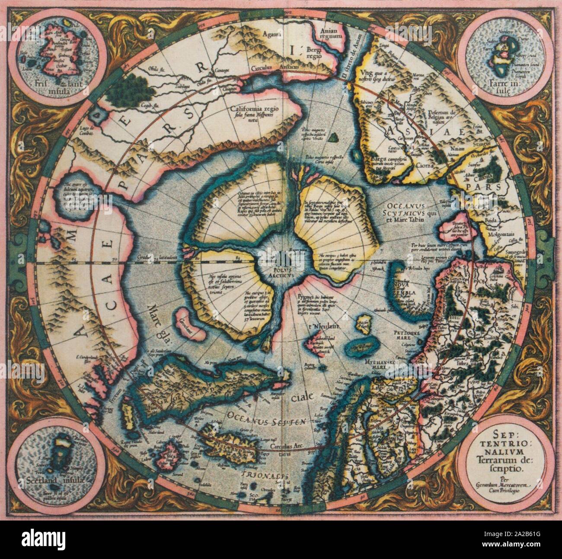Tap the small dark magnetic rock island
(332, 138)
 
